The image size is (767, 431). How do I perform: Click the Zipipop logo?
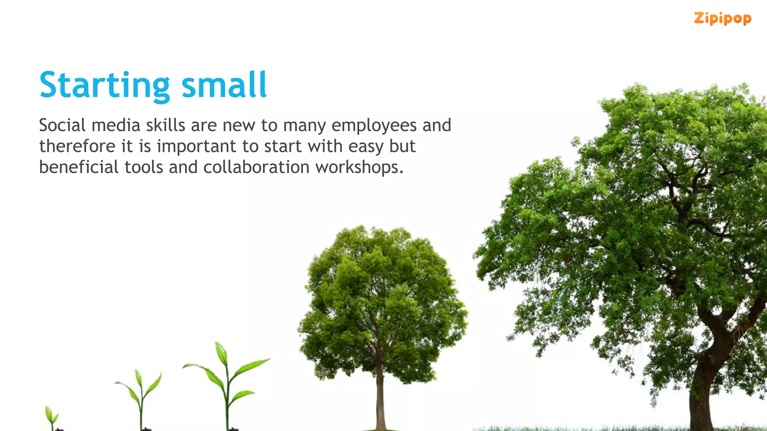[x=722, y=18]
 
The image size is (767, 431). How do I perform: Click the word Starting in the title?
[x=104, y=85]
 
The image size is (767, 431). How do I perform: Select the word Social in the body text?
[x=62, y=125]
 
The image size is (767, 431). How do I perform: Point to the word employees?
[x=374, y=126]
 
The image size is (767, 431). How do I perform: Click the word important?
[x=196, y=146]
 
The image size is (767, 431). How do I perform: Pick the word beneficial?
[x=79, y=167]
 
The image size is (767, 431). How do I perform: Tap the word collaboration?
[x=256, y=167]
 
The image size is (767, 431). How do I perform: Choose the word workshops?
[x=359, y=167]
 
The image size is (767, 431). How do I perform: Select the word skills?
[x=165, y=125]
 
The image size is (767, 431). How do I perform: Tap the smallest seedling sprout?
[x=51, y=418]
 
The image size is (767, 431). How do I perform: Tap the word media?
[x=116, y=125]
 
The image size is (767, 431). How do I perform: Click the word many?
[x=304, y=126]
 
